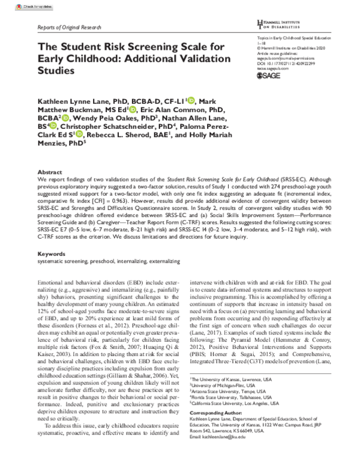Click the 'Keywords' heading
[x=51, y=255]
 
